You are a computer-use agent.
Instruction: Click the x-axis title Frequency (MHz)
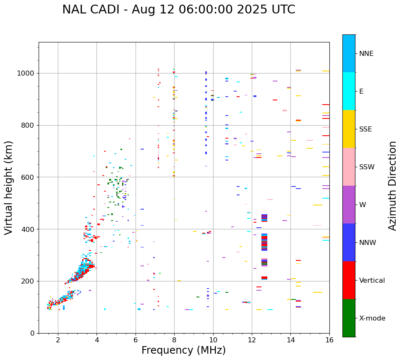point(183,350)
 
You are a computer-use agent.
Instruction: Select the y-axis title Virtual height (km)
point(9,187)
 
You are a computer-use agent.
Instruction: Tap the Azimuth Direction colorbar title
point(392,186)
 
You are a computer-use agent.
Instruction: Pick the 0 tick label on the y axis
point(33,333)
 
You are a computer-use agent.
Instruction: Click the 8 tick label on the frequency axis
point(174,340)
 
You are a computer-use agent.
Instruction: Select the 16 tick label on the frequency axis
point(329,340)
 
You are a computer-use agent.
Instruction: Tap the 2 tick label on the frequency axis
point(58,340)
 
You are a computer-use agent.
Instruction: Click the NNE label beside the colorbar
point(366,54)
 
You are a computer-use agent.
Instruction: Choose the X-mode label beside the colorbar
point(372,318)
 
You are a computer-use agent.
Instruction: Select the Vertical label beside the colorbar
point(372,281)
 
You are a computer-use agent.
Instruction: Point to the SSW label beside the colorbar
point(367,167)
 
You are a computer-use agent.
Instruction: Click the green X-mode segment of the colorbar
point(349,318)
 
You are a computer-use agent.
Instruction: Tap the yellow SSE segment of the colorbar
point(349,129)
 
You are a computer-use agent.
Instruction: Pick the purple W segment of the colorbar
point(349,205)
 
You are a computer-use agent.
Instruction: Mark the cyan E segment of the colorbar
point(349,91)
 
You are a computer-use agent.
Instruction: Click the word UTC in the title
point(282,10)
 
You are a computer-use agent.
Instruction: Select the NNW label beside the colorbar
point(368,243)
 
